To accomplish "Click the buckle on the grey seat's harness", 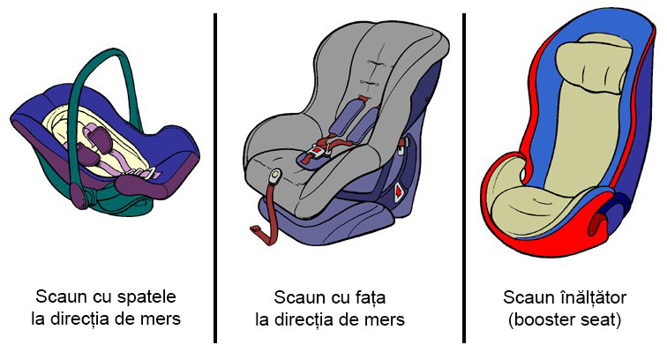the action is [x=317, y=152].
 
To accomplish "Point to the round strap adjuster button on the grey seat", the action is [x=276, y=175].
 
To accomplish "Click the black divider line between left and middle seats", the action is [x=215, y=178].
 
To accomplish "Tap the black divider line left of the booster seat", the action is [x=464, y=178].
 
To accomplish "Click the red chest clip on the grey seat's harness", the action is [x=363, y=99].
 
